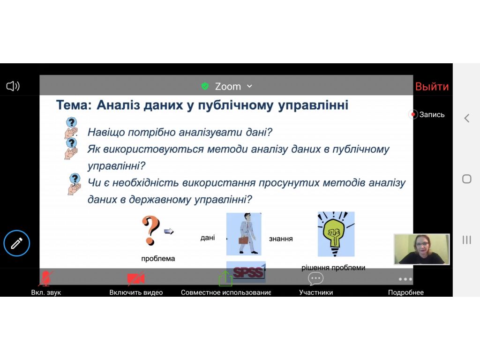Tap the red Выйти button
(432, 87)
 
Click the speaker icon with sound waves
(13, 86)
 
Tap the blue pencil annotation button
(17, 243)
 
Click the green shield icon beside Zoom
(205, 86)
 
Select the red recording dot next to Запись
(413, 114)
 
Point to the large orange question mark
(150, 230)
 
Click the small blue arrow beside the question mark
(169, 231)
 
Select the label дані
(208, 238)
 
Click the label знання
(281, 239)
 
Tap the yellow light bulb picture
(336, 234)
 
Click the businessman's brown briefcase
(243, 240)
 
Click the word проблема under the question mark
(158, 258)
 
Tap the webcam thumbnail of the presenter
(421, 249)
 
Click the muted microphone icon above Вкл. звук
(46, 278)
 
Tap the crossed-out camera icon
(135, 278)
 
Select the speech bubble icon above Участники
(315, 279)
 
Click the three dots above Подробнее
(405, 279)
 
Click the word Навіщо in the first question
(106, 132)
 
